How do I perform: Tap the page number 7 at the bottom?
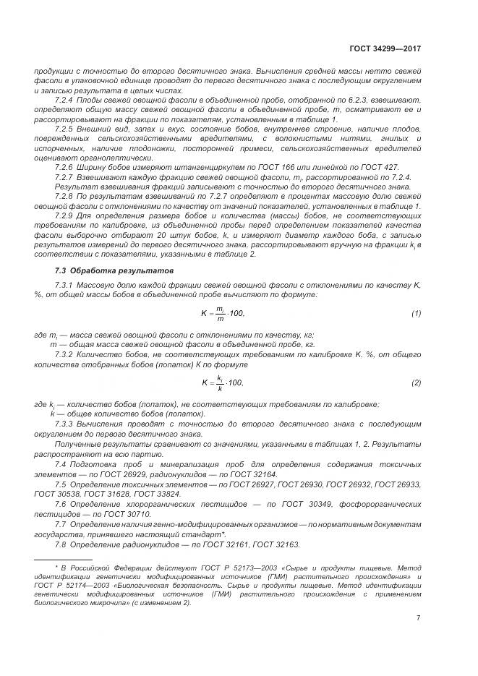419,617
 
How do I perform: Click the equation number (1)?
416,312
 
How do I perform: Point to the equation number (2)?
416,382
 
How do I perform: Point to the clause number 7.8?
61,544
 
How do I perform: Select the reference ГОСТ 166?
231,167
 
